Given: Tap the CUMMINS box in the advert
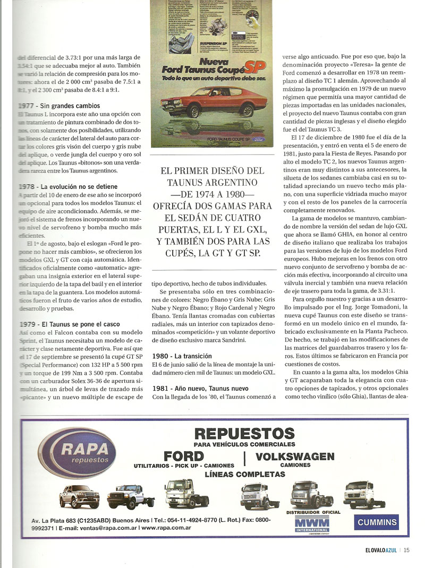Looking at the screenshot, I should (x=377, y=522).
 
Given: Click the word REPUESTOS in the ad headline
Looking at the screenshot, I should (x=244, y=431).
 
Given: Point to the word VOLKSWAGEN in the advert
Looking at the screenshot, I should (x=295, y=457).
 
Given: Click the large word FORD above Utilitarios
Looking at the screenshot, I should (x=184, y=457).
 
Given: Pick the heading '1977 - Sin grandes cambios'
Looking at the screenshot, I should (x=58, y=106).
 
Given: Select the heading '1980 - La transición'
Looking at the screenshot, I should (x=182, y=356).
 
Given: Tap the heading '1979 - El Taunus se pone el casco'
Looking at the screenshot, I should (x=69, y=324).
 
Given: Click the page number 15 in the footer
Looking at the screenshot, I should (x=406, y=550).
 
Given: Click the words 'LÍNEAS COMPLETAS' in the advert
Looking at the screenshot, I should (x=244, y=474).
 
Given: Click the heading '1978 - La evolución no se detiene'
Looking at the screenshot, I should (x=68, y=186).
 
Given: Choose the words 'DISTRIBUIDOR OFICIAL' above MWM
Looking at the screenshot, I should (x=313, y=512).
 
